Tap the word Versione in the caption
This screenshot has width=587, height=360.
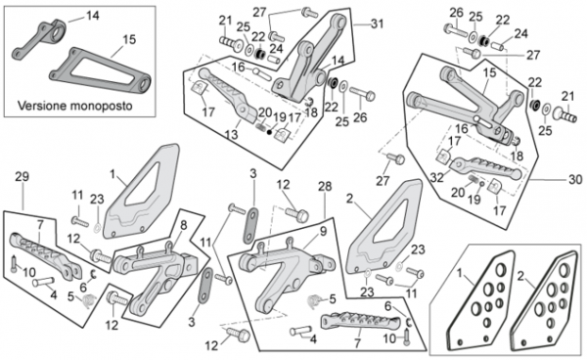tap(42, 106)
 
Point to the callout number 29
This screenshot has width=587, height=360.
tap(23, 177)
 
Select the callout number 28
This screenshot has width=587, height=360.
tap(325, 186)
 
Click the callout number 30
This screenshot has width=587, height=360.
tap(575, 180)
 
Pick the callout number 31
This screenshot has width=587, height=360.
tap(377, 23)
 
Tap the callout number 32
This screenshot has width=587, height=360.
tap(437, 177)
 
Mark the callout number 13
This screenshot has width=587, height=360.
tap(231, 134)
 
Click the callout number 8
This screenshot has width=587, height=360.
tap(184, 225)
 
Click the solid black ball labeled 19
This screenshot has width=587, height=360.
tap(269, 132)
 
